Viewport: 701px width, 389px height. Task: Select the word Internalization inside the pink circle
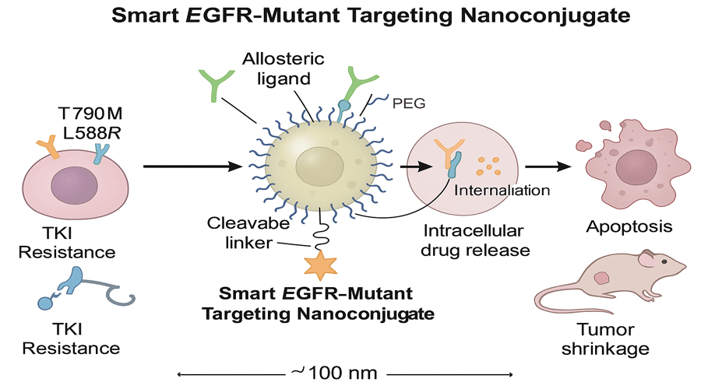click(503, 190)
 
